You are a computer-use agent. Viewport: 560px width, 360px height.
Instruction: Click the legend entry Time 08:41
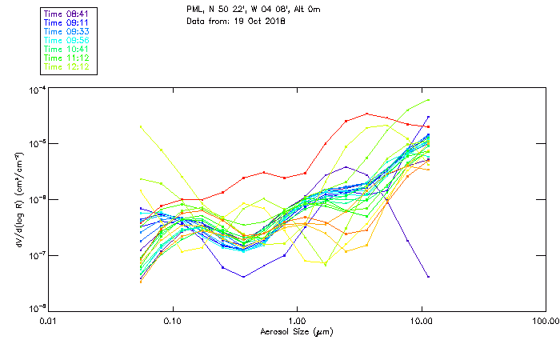pos(67,14)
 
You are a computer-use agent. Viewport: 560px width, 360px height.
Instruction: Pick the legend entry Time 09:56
pos(67,40)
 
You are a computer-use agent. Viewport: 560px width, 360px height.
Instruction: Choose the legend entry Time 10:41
pos(67,49)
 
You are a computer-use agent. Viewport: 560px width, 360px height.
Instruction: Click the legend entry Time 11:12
pos(67,58)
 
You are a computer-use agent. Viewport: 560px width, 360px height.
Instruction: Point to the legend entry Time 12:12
pos(67,66)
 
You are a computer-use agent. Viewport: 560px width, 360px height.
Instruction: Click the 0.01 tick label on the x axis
pos(49,320)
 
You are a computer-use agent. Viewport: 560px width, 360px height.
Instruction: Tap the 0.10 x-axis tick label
pos(173,320)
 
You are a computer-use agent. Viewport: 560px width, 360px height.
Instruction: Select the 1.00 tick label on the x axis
pos(297,320)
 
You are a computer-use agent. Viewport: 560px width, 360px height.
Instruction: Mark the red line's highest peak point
pos(366,114)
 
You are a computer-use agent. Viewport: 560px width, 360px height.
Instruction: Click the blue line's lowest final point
pos(429,277)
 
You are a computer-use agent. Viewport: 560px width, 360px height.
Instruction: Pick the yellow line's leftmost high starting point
pos(141,126)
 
